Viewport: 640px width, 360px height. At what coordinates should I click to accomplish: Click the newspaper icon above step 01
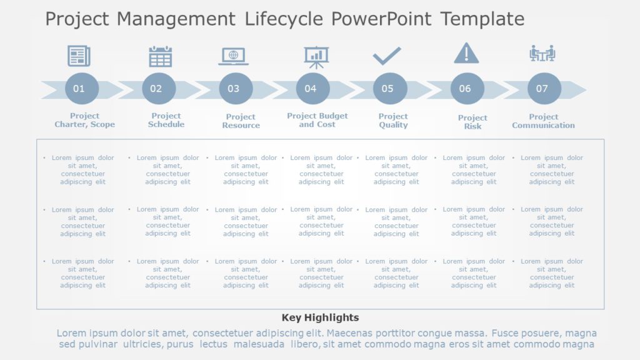point(79,56)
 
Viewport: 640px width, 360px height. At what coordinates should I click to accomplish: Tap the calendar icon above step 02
point(161,56)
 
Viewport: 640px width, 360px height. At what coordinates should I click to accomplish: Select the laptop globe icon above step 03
point(234,56)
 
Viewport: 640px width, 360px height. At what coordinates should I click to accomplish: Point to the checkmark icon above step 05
point(387,56)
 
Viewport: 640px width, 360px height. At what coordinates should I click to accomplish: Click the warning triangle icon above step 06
point(466,54)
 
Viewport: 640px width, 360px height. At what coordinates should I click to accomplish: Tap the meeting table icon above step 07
point(542,54)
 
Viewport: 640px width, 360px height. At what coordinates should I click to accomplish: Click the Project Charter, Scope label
point(84,120)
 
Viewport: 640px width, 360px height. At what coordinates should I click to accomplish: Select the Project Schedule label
point(166,120)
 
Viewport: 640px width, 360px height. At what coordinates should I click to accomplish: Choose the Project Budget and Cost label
point(317,120)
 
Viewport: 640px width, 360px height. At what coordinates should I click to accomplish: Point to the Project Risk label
point(472,122)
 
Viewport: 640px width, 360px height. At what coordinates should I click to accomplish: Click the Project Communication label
point(543,121)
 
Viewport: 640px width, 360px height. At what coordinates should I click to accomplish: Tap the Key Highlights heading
point(320,317)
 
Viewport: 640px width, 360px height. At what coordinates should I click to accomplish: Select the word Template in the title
point(482,19)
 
